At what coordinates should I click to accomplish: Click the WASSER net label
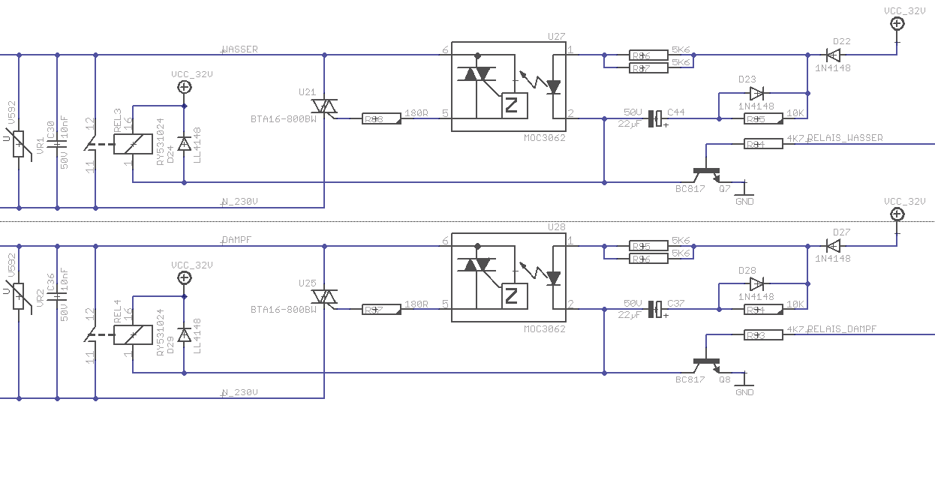(240, 49)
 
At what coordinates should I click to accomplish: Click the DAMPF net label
(237, 240)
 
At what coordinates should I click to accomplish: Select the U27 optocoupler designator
(556, 36)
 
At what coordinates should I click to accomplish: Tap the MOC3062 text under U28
(544, 328)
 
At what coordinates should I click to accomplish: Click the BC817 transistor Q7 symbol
(707, 174)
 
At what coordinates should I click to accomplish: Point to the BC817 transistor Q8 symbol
(707, 364)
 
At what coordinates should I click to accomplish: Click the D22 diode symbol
(831, 55)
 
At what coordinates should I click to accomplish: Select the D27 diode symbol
(831, 245)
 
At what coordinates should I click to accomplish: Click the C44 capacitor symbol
(657, 118)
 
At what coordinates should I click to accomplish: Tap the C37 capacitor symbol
(657, 309)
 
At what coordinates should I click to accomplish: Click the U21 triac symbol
(324, 106)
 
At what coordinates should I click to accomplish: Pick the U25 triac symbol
(324, 297)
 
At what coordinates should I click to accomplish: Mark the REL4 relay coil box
(133, 334)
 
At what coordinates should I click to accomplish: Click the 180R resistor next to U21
(381, 118)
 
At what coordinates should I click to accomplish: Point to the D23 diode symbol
(756, 94)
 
